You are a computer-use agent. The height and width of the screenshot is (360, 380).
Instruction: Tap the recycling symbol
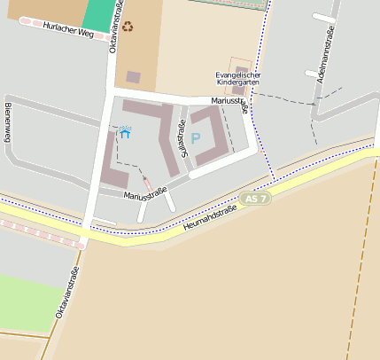128,27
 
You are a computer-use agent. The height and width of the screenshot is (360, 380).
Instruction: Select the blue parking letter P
196,138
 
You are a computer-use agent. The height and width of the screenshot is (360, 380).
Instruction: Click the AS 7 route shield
256,199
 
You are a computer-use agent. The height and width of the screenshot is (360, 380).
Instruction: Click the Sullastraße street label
184,138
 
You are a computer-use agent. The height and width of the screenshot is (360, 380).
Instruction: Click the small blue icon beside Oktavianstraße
125,132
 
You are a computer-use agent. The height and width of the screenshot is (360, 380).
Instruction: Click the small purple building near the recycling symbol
133,77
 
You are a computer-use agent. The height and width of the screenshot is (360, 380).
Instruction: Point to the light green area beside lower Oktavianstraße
27,301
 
